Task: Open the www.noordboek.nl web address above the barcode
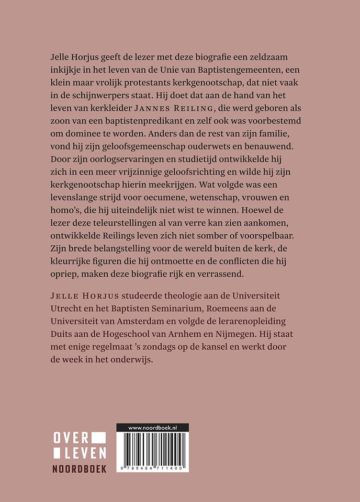point(152,428)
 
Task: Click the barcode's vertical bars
point(152,448)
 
